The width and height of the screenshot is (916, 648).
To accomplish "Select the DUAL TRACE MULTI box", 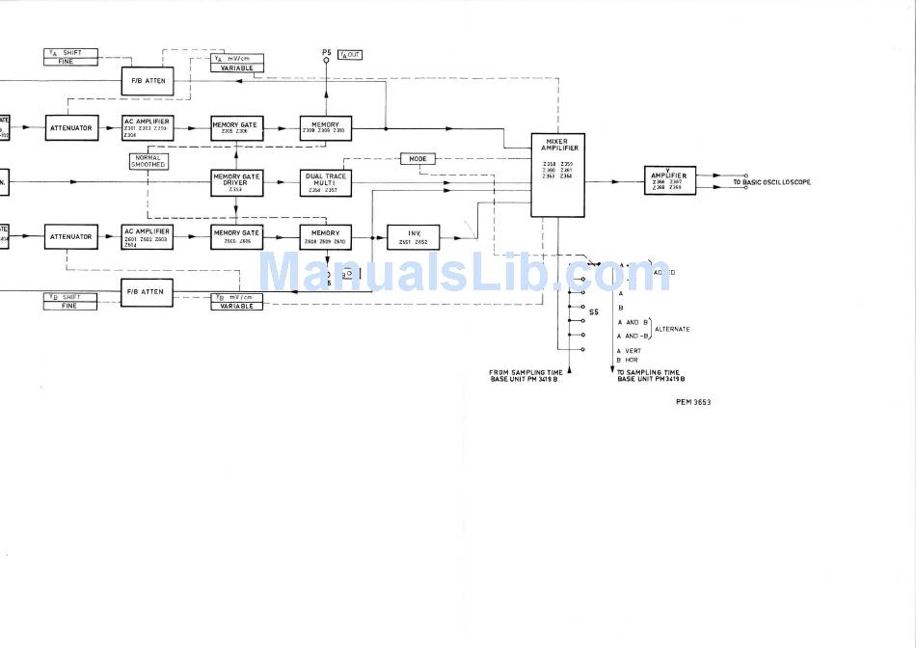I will coord(325,182).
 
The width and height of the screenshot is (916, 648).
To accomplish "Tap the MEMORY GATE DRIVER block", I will coord(236,182).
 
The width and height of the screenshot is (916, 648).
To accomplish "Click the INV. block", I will coord(413,236).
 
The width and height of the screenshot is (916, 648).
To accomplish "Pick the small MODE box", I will coord(418,158).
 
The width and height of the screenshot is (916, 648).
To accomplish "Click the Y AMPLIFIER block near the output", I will coord(669,180).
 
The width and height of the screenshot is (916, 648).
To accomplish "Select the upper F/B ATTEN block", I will coord(148,81).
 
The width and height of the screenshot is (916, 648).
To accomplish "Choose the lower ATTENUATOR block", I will coord(71,236).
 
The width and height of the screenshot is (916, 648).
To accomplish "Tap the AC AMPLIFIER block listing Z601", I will coord(147,236).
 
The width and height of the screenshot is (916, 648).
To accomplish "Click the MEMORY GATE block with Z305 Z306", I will coord(236,128).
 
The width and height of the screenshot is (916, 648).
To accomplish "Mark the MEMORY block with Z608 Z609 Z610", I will coord(325,236).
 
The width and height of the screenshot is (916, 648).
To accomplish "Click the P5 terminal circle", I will coord(326,60).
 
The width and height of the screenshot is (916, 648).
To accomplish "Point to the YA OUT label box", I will coord(350,55).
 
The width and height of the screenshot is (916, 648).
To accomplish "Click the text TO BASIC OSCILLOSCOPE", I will coord(771,182).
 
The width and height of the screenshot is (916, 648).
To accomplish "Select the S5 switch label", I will coord(594,312).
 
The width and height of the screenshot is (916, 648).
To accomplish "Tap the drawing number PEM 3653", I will coord(692,401).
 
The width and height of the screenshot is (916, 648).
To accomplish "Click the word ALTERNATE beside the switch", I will coord(672,329).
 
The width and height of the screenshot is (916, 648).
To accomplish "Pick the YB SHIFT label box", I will coord(71,297).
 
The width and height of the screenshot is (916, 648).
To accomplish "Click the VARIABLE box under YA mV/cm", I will coord(236,68).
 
